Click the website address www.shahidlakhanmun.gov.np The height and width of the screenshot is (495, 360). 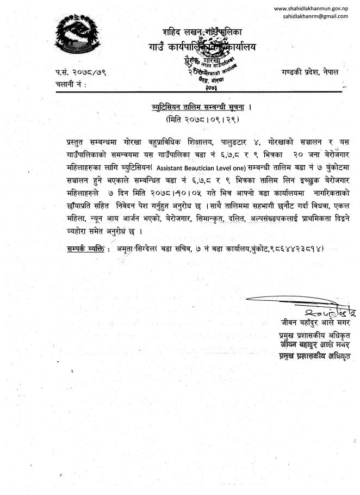point(311,8)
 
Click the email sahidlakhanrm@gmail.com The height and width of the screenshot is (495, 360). point(315,16)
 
